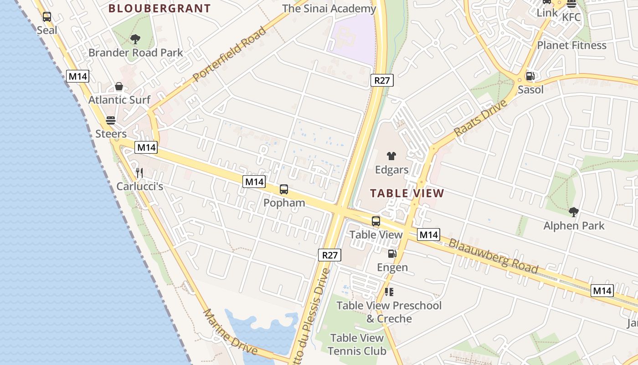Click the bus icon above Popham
[x=284, y=189]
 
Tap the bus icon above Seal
[x=46, y=17]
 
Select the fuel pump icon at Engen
[x=392, y=254]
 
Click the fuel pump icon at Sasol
[x=530, y=76]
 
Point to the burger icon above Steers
[x=111, y=120]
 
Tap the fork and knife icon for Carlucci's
[x=139, y=173]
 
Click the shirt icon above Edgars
[x=391, y=156]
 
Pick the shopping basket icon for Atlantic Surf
[x=119, y=86]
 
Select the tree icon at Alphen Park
[x=574, y=212]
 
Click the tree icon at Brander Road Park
[x=135, y=39]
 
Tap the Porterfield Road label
[x=229, y=54]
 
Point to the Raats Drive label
[x=480, y=118]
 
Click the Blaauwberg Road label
[x=493, y=256]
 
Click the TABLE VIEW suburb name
[x=407, y=193]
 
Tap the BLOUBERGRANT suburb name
[x=159, y=8]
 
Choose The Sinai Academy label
[x=329, y=9]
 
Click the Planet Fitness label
[x=571, y=45]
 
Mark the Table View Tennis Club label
[x=357, y=344]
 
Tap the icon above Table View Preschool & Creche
[x=389, y=292]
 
